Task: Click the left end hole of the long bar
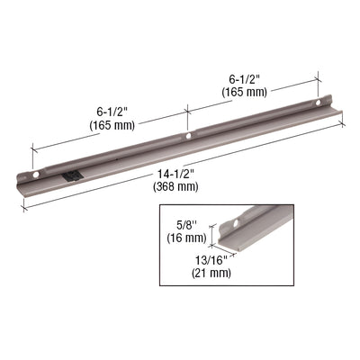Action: click(x=36, y=172)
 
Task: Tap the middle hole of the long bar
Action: click(x=188, y=137)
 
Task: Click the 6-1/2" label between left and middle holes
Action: click(x=112, y=113)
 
